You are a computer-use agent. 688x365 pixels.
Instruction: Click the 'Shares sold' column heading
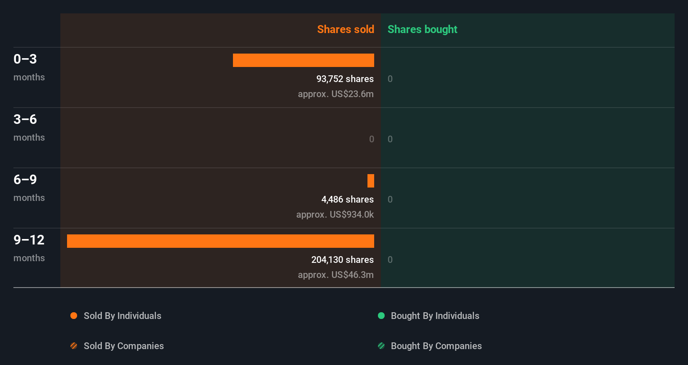pos(345,29)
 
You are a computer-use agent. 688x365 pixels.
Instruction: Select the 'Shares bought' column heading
pos(422,29)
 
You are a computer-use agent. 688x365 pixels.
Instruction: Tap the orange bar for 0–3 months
pos(303,60)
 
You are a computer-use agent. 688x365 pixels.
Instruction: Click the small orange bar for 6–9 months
pos(371,181)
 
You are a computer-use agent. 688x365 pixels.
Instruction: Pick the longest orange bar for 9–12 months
pos(220,241)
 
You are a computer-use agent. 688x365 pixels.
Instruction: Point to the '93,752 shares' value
pos(345,79)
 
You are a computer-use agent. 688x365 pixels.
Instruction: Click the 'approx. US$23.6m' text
pos(336,94)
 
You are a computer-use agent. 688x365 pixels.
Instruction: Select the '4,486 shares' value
pos(347,200)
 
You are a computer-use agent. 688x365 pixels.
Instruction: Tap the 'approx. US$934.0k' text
pos(335,215)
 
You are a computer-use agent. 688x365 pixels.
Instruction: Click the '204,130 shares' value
pos(342,260)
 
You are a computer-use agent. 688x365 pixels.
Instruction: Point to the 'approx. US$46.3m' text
pos(336,275)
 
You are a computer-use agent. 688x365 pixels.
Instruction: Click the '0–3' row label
pos(25,59)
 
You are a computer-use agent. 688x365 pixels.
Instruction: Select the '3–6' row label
pos(25,119)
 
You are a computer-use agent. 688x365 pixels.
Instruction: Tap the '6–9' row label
pos(25,180)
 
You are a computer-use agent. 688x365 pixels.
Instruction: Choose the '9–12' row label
pos(29,240)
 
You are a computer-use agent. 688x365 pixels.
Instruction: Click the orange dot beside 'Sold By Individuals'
pos(74,316)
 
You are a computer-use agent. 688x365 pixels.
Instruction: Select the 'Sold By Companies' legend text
pos(124,346)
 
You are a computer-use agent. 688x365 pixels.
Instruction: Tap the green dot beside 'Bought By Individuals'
pos(381,316)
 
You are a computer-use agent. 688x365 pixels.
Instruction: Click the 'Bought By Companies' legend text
pos(436,346)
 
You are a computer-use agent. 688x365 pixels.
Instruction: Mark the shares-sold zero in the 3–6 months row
pos(372,139)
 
